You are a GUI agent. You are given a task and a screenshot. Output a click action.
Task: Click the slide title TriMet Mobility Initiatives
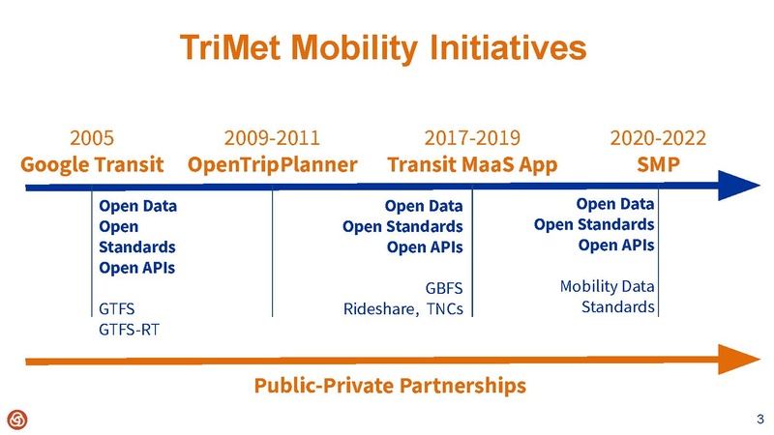click(x=385, y=47)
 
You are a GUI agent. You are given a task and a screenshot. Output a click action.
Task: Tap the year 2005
click(x=93, y=137)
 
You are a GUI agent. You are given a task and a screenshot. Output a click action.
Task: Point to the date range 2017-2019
click(x=472, y=137)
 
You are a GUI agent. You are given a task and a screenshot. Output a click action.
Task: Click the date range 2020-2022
click(x=657, y=137)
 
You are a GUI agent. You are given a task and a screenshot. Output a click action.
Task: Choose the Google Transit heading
click(x=93, y=163)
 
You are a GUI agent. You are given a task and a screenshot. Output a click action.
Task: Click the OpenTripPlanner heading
click(x=273, y=163)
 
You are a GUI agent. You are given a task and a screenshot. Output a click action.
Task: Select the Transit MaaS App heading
click(x=472, y=163)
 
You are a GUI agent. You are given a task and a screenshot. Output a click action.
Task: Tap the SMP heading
click(x=657, y=163)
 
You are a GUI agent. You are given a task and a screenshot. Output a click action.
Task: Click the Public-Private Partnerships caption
click(x=390, y=386)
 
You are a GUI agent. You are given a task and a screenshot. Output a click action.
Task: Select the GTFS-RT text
click(x=130, y=329)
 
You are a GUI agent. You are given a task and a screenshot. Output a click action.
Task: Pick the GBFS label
click(x=444, y=288)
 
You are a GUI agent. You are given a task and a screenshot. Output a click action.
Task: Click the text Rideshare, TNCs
click(x=403, y=309)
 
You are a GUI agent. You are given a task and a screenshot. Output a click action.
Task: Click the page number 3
click(x=759, y=419)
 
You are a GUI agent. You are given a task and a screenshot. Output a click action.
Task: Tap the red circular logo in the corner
click(x=17, y=418)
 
